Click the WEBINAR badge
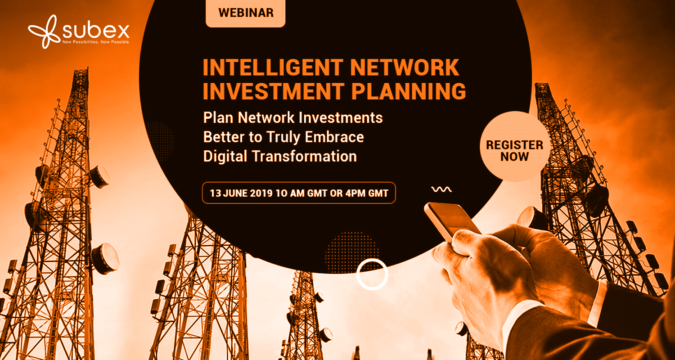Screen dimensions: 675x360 (245, 13)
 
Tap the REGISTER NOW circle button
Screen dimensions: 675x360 (515, 146)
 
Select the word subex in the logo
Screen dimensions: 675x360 (96, 31)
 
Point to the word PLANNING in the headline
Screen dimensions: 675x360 (409, 91)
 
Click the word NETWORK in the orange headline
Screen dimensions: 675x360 (405, 67)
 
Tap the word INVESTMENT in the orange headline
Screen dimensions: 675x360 (273, 91)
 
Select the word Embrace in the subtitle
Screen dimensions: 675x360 (334, 137)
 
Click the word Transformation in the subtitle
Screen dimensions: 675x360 (304, 156)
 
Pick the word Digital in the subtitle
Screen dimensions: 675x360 (225, 157)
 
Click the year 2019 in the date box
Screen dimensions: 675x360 (261, 193)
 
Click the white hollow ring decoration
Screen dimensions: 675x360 (373, 260)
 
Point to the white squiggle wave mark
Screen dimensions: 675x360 (441, 189)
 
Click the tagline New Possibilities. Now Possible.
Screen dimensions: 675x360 (96, 42)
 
